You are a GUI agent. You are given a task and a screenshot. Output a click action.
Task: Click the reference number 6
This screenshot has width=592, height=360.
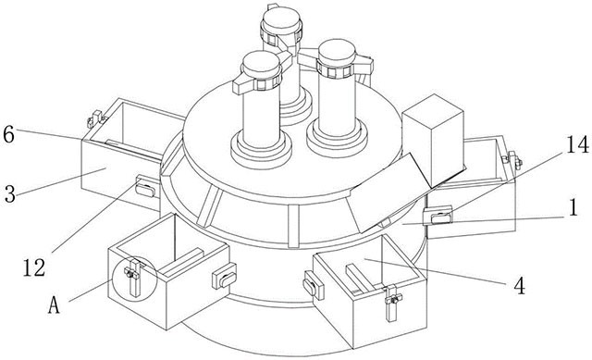(8, 134)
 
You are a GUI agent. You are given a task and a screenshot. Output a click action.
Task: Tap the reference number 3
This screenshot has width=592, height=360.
(10, 193)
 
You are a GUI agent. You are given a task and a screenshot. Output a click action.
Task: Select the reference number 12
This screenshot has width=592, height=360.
(34, 267)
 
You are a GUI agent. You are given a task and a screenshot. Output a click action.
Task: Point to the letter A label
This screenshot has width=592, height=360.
(54, 304)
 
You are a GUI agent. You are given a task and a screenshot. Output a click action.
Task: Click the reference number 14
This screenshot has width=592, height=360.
(577, 144)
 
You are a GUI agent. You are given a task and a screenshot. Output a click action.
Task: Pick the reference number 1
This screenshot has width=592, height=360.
(573, 207)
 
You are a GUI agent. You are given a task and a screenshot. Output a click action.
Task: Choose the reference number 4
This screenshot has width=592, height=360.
(520, 286)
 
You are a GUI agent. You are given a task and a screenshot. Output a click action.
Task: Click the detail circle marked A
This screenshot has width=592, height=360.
(134, 275)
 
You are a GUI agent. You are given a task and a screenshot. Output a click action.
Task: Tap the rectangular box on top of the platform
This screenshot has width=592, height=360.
(433, 140)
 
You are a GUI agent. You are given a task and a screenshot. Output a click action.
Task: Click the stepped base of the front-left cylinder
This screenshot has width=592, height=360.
(261, 149)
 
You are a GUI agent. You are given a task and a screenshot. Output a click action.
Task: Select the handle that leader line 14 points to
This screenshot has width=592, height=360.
(438, 216)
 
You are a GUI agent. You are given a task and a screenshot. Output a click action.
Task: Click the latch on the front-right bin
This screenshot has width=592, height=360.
(392, 303)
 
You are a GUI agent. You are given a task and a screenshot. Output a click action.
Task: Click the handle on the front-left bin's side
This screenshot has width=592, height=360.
(224, 276)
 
